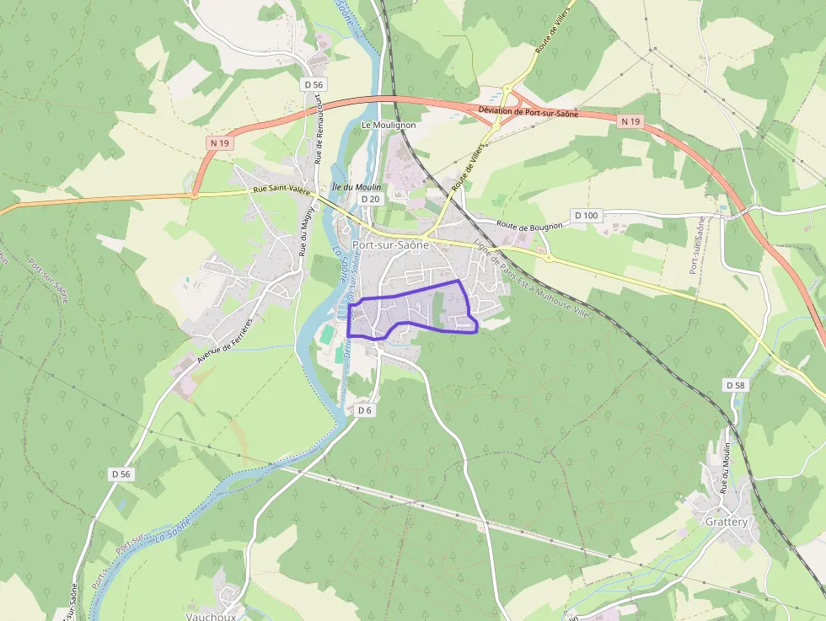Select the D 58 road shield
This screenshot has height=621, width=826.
click(x=735, y=384)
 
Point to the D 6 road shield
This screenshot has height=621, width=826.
click(x=364, y=410)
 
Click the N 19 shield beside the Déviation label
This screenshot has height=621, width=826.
click(x=630, y=122)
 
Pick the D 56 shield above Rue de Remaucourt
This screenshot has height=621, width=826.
click(x=313, y=84)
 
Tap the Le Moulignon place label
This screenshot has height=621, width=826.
click(x=389, y=125)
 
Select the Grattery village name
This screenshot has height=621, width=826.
click(x=727, y=522)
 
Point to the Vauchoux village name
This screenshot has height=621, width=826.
click(x=211, y=616)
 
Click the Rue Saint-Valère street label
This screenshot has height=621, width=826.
click(x=282, y=192)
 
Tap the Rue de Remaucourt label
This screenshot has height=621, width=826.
click(x=319, y=127)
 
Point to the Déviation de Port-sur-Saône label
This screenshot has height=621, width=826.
click(x=528, y=112)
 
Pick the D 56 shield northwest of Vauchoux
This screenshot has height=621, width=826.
click(x=121, y=474)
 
